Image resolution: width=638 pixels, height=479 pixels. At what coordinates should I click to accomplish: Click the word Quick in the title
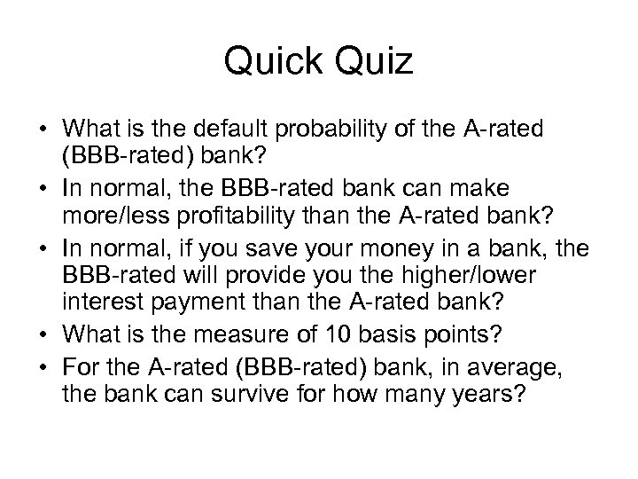pos(269,61)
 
